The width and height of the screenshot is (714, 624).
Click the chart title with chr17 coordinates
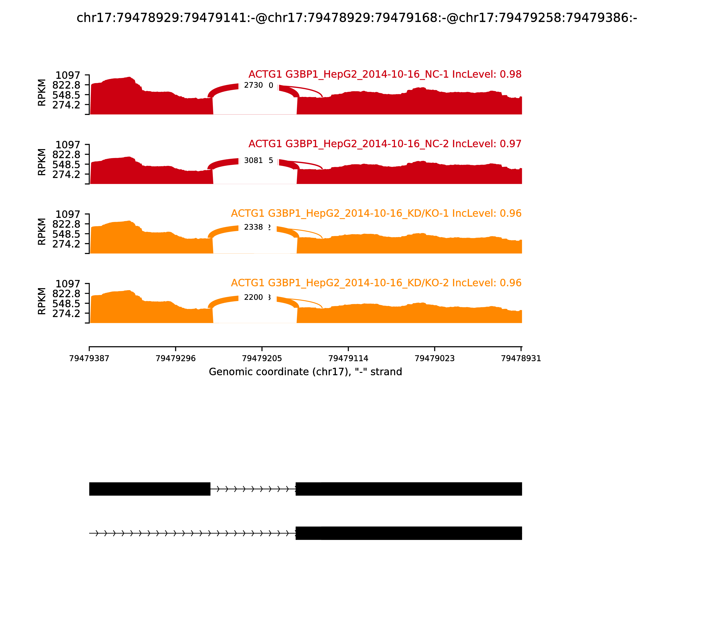357,18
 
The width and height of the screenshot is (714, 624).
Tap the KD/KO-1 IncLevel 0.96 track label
376,213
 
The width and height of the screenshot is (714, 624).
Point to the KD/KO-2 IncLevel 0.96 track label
376,283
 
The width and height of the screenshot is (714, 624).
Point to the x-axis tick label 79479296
176,359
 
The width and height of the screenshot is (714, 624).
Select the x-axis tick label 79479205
262,359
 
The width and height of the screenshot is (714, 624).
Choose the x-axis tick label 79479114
348,359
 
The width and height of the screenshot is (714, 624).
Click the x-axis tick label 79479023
435,359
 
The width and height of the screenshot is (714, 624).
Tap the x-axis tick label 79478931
521,359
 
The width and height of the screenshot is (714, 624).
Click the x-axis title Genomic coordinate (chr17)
305,372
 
